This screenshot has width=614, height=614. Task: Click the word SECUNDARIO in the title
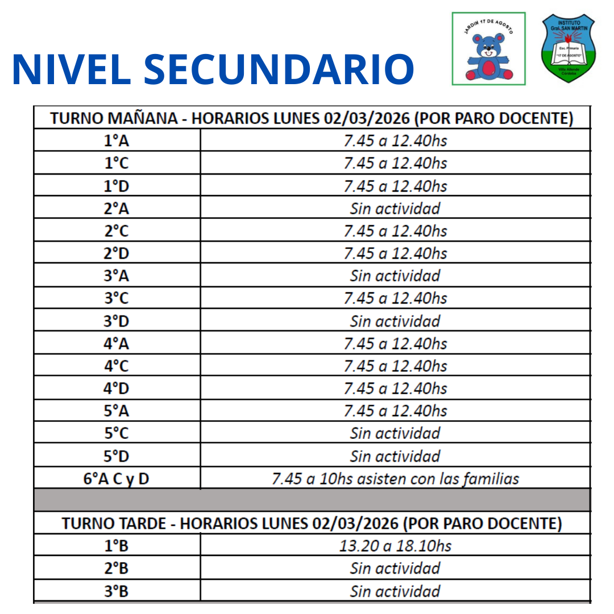click(279, 69)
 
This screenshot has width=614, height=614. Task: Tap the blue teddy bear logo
click(488, 49)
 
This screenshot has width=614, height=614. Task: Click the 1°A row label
click(117, 140)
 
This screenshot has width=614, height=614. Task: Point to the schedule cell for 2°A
click(395, 209)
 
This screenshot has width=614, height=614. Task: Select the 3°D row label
click(117, 321)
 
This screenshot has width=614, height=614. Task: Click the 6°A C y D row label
click(117, 479)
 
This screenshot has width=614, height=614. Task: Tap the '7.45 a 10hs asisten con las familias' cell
click(395, 479)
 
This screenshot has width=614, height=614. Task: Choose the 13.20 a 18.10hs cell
click(395, 546)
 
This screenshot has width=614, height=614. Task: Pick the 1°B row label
click(117, 546)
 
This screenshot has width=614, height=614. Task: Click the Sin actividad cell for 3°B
click(395, 591)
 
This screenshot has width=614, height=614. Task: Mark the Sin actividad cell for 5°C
click(395, 433)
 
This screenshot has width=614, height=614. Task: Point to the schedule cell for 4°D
click(395, 389)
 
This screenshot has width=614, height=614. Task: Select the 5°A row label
click(117, 411)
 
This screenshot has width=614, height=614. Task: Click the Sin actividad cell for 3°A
click(395, 276)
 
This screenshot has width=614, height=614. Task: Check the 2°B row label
click(117, 569)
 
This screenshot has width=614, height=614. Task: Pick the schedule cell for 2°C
click(395, 231)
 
